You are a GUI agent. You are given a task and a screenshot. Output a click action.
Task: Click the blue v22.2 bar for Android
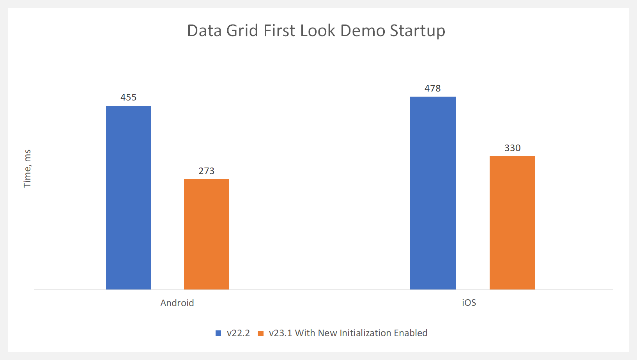tap(129, 198)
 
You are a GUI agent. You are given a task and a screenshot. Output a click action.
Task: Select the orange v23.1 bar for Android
tap(207, 234)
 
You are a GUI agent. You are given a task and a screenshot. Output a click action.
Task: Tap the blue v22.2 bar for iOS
tap(433, 193)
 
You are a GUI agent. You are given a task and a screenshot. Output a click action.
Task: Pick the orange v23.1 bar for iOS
tap(512, 223)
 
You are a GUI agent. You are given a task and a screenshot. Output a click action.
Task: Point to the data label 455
tap(129, 97)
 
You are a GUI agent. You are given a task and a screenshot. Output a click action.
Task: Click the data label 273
tap(207, 171)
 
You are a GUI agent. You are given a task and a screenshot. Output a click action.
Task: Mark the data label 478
tap(433, 88)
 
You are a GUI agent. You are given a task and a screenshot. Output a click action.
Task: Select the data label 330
tap(512, 148)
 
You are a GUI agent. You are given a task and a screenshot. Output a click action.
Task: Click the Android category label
tap(177, 303)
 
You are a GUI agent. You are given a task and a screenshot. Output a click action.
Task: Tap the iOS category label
tap(469, 303)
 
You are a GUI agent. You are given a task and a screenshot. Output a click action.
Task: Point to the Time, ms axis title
tap(27, 168)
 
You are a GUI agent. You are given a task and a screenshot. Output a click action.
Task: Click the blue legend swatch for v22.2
tap(218, 333)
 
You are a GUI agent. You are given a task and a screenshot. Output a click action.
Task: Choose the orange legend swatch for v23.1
tap(261, 333)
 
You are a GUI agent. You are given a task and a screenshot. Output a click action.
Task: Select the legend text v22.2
tap(238, 333)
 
